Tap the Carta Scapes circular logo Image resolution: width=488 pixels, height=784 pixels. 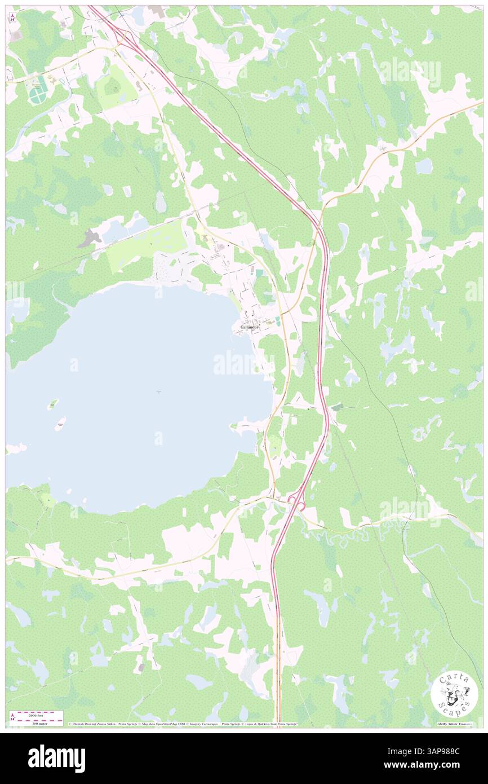click(454, 694)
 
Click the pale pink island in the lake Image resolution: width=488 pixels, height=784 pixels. click(60, 424)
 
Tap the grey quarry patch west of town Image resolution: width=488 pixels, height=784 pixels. click(88, 240)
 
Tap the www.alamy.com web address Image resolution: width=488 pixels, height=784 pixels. click(429, 765)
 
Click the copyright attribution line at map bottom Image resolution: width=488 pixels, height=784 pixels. click(183, 724)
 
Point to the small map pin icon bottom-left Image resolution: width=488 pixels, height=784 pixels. click(12, 717)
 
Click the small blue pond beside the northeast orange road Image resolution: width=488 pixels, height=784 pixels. click(423, 166)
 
